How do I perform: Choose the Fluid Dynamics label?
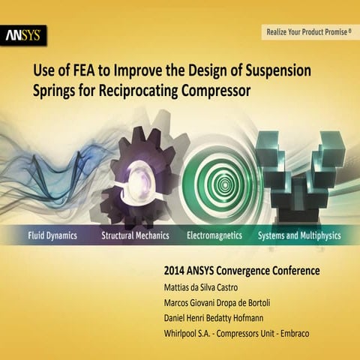(x=47, y=235)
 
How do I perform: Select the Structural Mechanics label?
(x=135, y=235)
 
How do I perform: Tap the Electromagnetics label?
(x=214, y=235)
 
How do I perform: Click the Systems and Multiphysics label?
(x=298, y=235)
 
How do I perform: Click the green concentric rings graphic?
(x=217, y=180)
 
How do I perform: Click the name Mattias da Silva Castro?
(x=212, y=285)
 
